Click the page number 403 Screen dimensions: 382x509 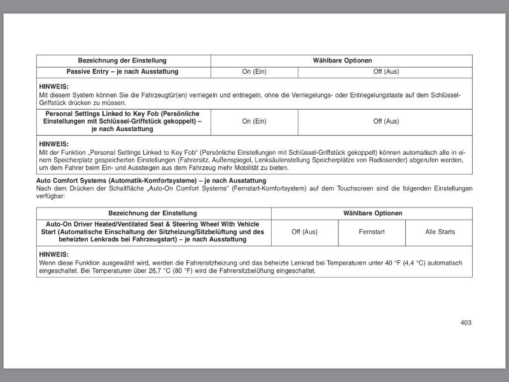point(466,323)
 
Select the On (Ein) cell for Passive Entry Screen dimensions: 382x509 point(254,72)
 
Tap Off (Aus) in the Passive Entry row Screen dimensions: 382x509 point(386,72)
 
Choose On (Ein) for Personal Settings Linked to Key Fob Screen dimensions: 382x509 point(254,122)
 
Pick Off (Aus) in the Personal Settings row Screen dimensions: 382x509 point(386,122)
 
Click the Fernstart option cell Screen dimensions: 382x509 point(372,232)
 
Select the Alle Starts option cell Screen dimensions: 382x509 point(440,232)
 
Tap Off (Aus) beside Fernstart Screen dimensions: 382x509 point(304,232)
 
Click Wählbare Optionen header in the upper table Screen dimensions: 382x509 point(342,60)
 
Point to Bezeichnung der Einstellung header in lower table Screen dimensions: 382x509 point(153,213)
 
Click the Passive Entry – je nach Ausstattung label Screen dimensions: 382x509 point(122,72)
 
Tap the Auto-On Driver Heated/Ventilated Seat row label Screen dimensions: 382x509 point(153,232)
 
